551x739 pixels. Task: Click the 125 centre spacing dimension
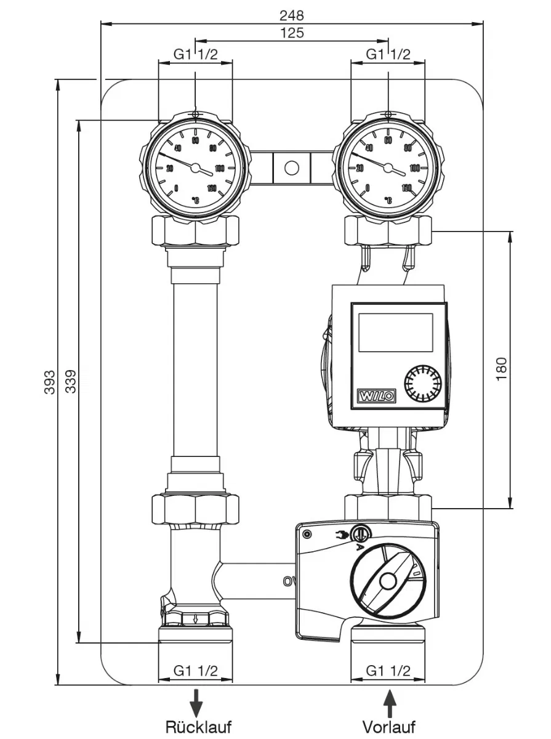[x=292, y=33]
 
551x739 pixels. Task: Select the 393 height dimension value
[x=50, y=382]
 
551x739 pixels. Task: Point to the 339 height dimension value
[x=71, y=382]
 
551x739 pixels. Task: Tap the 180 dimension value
[x=501, y=369]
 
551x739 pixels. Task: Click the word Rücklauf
[x=198, y=727]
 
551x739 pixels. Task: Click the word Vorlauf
[x=389, y=727]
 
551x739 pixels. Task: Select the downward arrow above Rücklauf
[x=196, y=701]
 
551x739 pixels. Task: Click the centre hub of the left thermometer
[x=195, y=168]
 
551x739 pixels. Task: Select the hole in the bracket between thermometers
[x=292, y=168]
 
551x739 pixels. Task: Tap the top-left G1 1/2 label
[x=195, y=54]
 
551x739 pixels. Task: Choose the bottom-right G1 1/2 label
[x=388, y=670]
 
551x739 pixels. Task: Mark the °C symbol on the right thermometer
[x=388, y=200]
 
